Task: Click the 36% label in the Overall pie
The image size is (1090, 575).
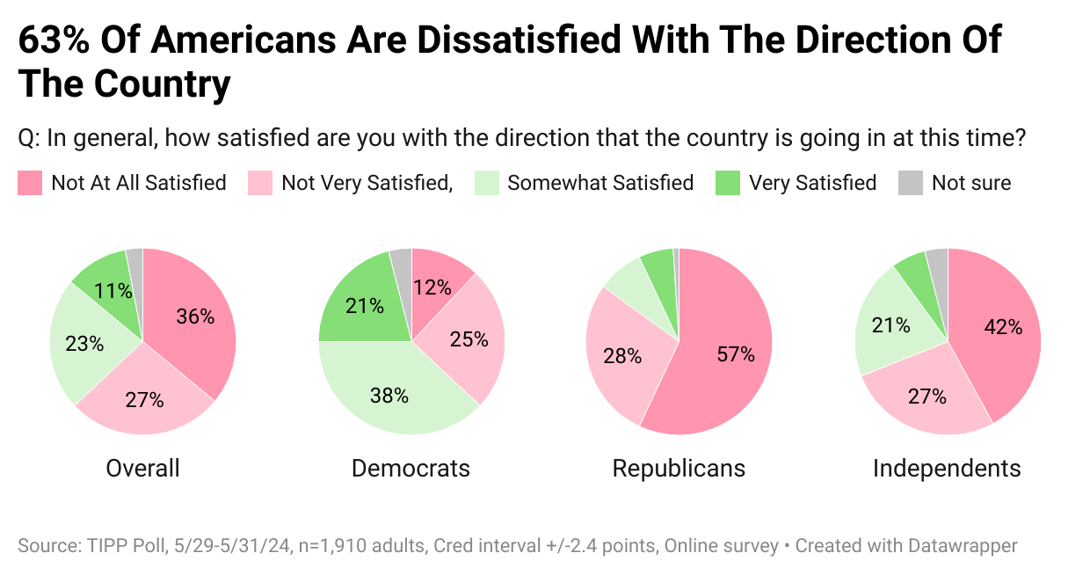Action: [195, 317]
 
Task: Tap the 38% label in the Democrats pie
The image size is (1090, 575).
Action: [389, 396]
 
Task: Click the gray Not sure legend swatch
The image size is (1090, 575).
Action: [910, 183]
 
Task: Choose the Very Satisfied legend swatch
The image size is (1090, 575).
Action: [728, 183]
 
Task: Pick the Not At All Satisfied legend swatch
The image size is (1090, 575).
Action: [30, 183]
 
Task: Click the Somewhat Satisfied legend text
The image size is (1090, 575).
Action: [600, 183]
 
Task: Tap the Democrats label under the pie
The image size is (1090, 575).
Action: [411, 468]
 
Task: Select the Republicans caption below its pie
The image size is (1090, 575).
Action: [679, 468]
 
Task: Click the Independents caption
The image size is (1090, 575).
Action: [947, 468]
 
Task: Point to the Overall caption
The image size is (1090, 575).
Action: [142, 468]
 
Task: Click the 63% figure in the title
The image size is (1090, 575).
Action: [53, 40]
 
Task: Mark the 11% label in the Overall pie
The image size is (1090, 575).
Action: [114, 289]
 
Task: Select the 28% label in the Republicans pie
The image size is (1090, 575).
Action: [622, 357]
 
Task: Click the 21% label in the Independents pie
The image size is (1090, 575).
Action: [890, 325]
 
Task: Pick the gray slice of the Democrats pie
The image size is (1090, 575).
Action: [402, 260]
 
